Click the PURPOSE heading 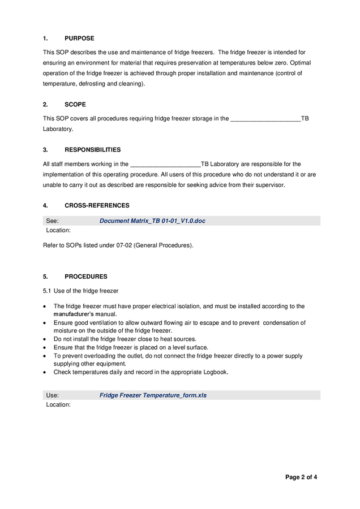(79, 38)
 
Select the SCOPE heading (75, 105)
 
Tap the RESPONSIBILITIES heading (92, 150)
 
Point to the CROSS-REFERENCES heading (97, 206)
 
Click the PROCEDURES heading (85, 277)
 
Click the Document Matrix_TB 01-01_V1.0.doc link (152, 221)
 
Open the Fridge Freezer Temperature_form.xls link (153, 395)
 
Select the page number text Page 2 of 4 (301, 477)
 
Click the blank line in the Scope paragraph (265, 119)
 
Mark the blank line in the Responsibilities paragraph (165, 165)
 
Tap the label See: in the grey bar (52, 221)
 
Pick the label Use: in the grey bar (52, 395)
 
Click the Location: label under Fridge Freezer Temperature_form (58, 405)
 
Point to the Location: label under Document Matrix (58, 231)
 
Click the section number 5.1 (48, 291)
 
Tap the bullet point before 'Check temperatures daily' (45, 373)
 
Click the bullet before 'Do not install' (45, 339)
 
